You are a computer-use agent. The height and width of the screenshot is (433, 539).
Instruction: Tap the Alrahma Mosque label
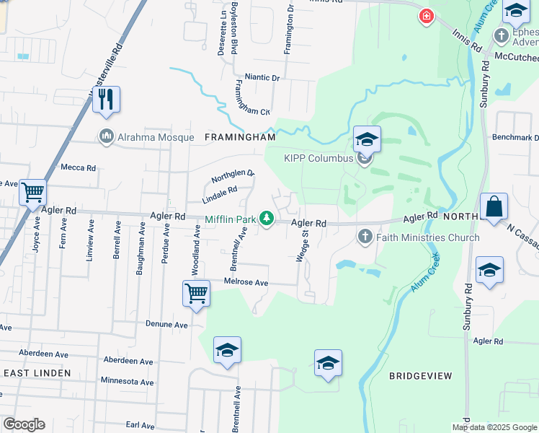click(156, 137)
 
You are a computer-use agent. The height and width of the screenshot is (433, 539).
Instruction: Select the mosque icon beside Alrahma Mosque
click(107, 136)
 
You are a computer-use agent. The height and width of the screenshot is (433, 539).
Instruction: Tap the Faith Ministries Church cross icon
click(365, 237)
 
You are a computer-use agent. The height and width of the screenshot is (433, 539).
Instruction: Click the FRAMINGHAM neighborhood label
click(241, 136)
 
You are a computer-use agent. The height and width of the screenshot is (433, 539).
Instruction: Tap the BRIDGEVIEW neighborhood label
click(420, 376)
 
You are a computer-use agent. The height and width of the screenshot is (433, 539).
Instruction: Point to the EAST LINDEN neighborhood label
click(37, 372)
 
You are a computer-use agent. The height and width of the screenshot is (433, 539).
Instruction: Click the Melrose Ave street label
click(246, 282)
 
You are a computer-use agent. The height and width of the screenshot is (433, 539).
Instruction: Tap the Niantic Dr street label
click(262, 76)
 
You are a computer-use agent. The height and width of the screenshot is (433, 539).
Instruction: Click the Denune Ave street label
click(166, 325)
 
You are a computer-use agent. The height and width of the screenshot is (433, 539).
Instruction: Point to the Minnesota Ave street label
click(128, 381)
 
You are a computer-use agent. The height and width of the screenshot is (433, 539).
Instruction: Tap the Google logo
click(24, 424)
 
